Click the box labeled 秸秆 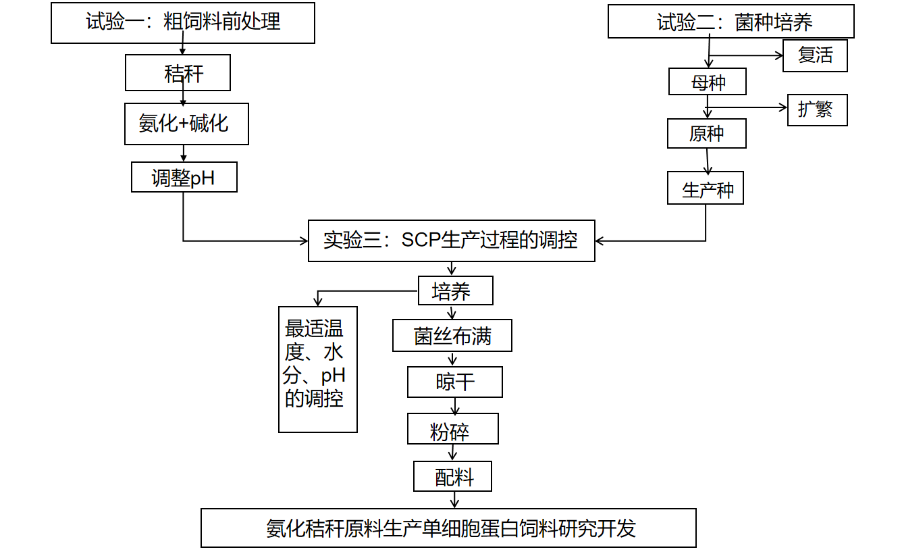coord(178,73)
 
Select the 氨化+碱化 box coord(186,124)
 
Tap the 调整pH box coord(184,177)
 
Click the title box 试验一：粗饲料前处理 coord(183,23)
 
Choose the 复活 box coord(815,55)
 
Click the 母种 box coord(707,82)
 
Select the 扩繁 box coord(817,110)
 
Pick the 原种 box coord(706,134)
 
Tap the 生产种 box coord(706,188)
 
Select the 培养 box coord(455,291)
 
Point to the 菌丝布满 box coord(452,336)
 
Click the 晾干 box coord(454,382)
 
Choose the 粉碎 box coord(452,429)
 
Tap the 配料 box coord(452,476)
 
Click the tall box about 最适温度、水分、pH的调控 coord(317,369)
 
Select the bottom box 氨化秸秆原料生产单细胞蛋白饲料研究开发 coord(448,528)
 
